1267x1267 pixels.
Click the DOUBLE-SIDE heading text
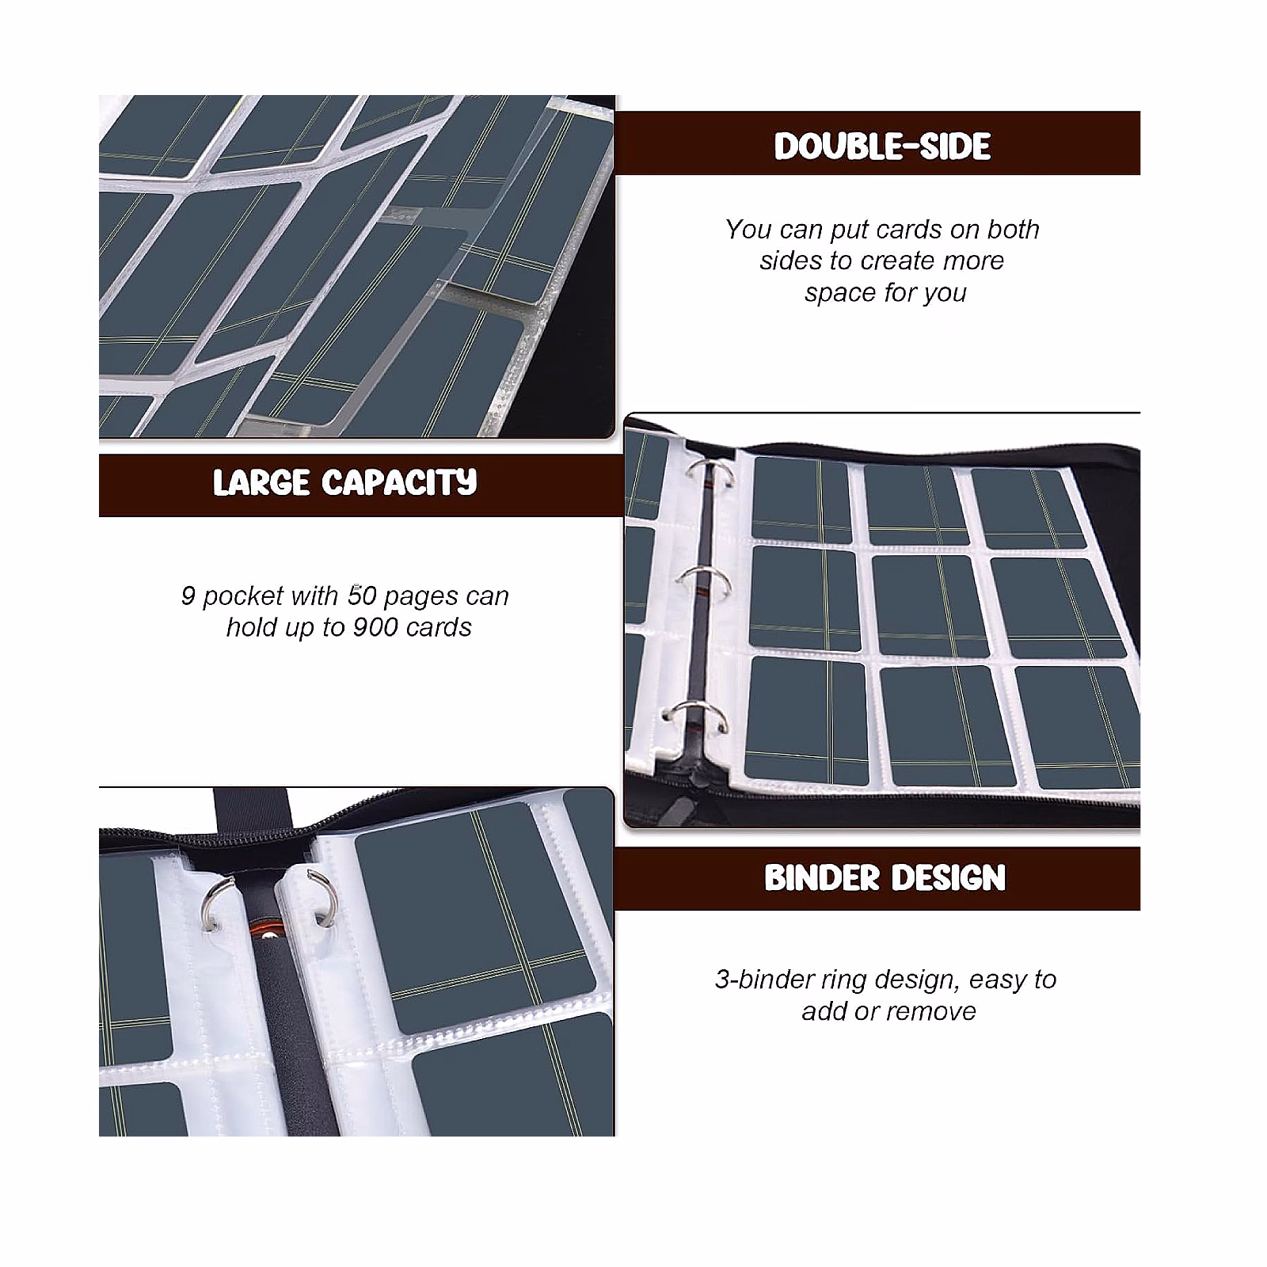[x=882, y=146]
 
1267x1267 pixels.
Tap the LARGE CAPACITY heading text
[x=345, y=482]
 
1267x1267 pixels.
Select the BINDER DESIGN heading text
[x=885, y=878]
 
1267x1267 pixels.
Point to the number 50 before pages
[x=361, y=595]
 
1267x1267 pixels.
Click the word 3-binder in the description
[x=763, y=980]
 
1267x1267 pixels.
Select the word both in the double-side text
[x=1014, y=229]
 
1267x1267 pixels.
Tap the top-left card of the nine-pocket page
[x=801, y=499]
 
